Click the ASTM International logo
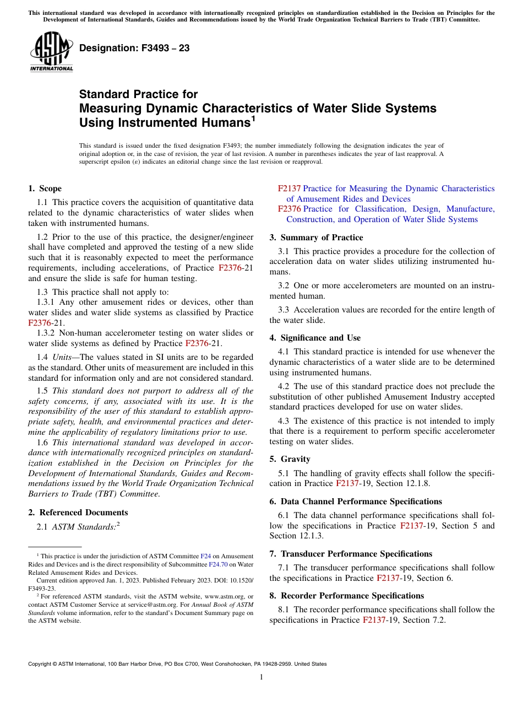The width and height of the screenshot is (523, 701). coord(51,52)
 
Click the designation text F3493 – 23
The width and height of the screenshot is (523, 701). coord(134,48)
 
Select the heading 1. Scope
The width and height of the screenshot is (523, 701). coord(45,188)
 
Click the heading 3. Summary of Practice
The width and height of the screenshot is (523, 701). coord(316,238)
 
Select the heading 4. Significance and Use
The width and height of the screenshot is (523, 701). coord(315,338)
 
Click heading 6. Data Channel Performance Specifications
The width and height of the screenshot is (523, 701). coord(356,502)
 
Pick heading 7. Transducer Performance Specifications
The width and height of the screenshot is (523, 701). coord(351,554)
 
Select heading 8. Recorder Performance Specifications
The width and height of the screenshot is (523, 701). coord(347,596)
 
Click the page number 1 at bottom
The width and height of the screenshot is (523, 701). coord(261,677)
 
